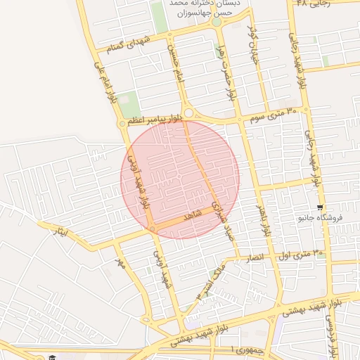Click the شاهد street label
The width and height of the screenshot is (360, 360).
(192, 216)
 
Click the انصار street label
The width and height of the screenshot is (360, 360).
(254, 259)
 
